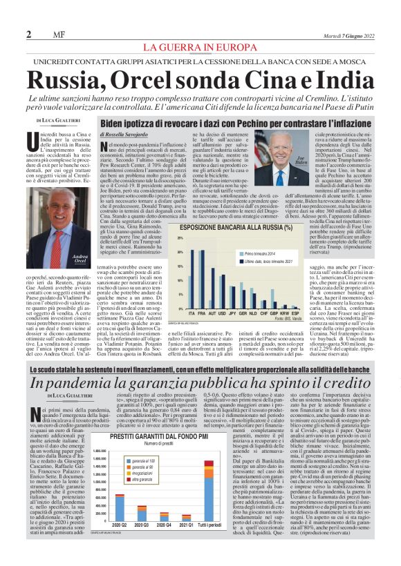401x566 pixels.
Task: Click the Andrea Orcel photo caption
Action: tap(82, 260)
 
